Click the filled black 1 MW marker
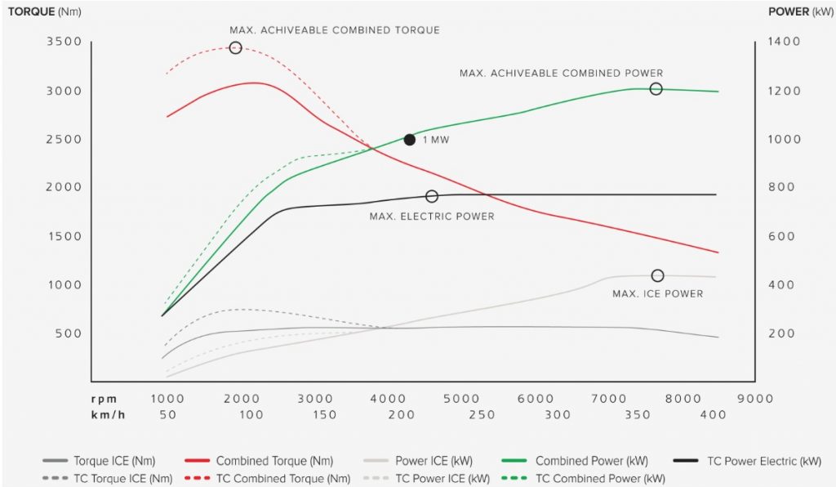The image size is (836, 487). coord(410,140)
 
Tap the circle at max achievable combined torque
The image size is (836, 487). coord(235,48)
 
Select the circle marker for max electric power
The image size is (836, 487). coord(432,196)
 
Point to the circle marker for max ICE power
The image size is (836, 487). coord(657,275)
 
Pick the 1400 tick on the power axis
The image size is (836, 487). coord(784,42)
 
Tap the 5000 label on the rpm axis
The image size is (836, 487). coord(463,399)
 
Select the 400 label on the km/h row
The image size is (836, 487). coord(714,415)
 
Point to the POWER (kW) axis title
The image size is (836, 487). coord(798,11)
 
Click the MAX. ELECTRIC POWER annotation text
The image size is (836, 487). coord(431,217)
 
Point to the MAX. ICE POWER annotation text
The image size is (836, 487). coord(657,293)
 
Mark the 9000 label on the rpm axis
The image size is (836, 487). coord(754,399)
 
